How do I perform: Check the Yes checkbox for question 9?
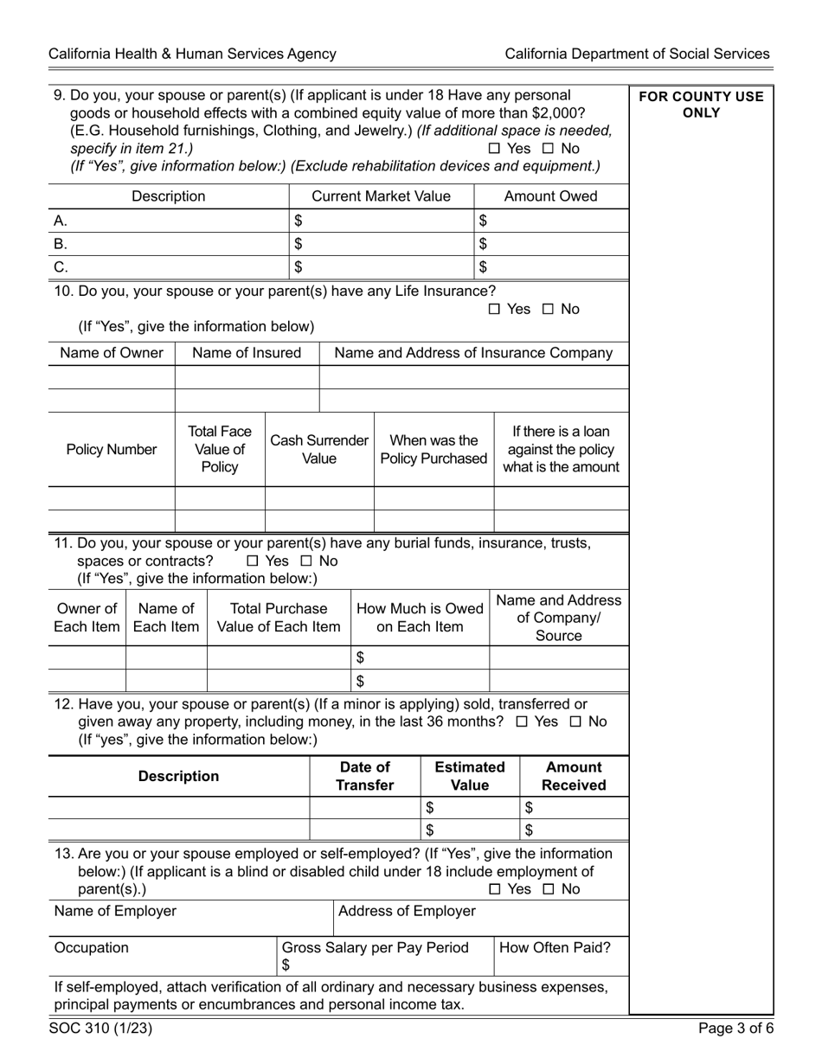point(494,149)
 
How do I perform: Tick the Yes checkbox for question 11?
point(253,561)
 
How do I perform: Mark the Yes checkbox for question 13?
point(494,889)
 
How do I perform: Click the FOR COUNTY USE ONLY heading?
point(701,105)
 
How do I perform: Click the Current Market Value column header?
point(381,196)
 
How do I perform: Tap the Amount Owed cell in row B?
point(554,244)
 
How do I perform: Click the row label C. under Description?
point(61,267)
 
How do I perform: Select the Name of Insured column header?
point(247,353)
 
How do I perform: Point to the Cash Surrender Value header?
point(319,450)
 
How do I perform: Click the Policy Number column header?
point(112,450)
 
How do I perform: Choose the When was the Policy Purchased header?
point(433,450)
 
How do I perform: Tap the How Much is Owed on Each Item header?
point(420,618)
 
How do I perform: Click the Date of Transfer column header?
point(364,776)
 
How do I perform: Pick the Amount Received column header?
point(573,776)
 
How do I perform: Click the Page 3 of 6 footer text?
point(735,1029)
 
